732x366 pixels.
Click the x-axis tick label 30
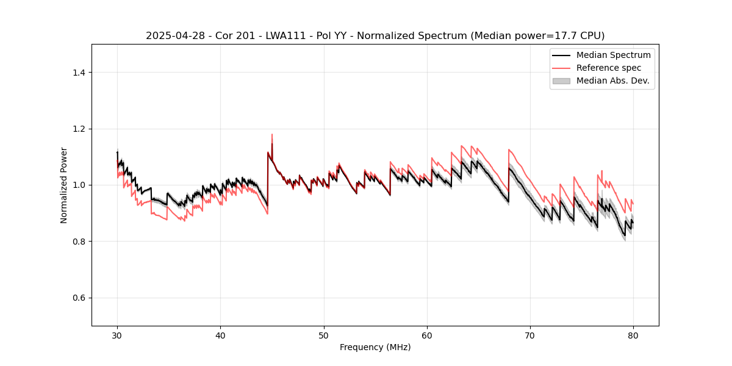(117, 335)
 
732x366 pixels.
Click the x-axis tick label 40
(220, 335)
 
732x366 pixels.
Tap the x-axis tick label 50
(324, 335)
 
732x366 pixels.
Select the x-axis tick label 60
(427, 335)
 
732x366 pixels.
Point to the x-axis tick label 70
(530, 335)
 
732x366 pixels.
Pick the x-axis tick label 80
(633, 335)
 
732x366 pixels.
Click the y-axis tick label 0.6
(79, 298)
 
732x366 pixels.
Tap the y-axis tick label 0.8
(79, 242)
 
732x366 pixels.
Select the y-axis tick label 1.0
(79, 185)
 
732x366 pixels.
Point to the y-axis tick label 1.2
(79, 129)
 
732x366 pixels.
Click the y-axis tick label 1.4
(79, 73)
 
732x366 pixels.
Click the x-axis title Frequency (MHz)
(375, 347)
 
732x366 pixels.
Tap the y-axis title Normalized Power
(64, 185)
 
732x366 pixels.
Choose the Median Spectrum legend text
(613, 55)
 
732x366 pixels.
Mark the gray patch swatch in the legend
(561, 81)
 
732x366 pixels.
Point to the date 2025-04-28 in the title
(173, 36)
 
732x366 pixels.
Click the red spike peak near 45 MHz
(272, 134)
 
